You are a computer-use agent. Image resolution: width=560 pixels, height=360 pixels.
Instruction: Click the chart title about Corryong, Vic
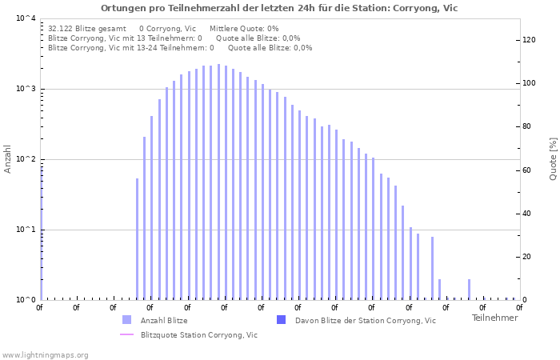(x=279, y=8)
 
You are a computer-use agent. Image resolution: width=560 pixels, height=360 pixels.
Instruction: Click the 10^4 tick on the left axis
(x=26, y=18)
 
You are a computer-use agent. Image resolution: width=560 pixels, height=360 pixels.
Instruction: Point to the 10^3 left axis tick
(x=26, y=89)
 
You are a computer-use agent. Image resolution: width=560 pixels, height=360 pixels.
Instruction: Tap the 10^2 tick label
(x=26, y=159)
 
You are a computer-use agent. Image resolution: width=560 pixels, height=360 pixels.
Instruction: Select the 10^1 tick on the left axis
(x=26, y=230)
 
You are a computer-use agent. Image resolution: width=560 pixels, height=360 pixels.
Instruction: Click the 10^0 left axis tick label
(x=26, y=300)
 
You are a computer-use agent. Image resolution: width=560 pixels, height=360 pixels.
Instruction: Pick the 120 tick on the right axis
(x=529, y=40)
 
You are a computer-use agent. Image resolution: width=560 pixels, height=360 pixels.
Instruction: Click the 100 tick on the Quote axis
(x=529, y=83)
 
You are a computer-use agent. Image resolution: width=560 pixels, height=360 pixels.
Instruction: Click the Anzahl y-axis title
(x=9, y=158)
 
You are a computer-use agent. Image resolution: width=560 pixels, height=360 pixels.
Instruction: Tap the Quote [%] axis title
(x=553, y=158)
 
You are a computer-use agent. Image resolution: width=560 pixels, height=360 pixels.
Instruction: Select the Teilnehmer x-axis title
(x=494, y=318)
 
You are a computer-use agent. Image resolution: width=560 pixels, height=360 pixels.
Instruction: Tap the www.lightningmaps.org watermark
(x=46, y=355)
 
